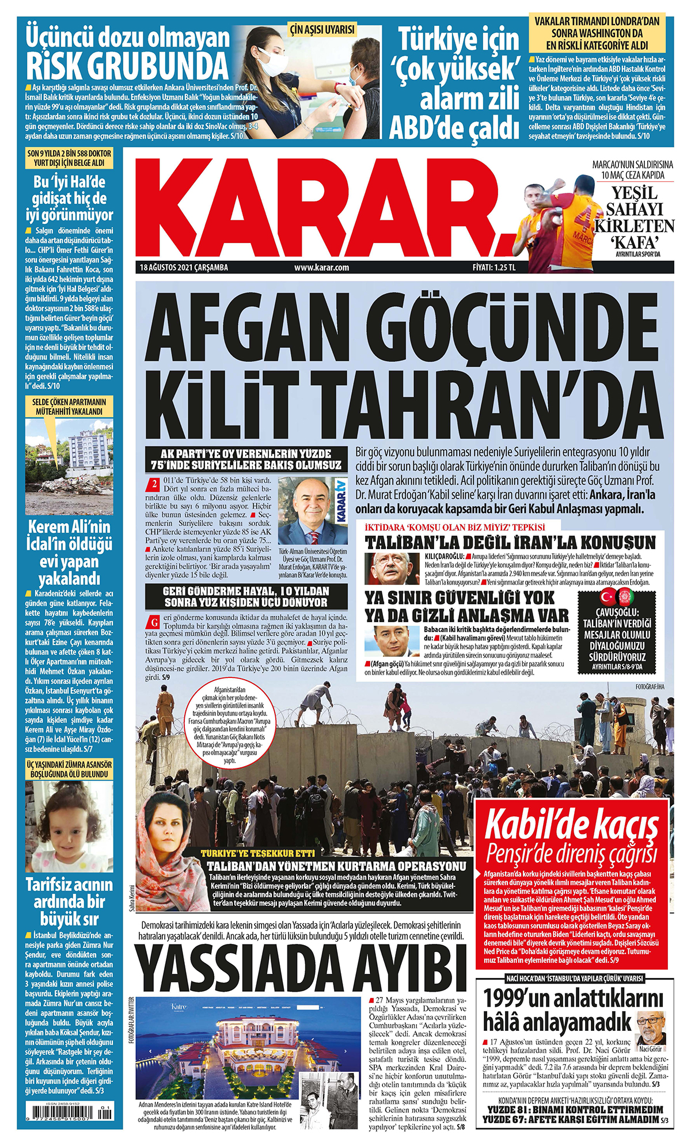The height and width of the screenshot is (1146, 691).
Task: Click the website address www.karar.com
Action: tap(321, 267)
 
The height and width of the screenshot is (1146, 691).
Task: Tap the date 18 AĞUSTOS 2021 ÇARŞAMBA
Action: tap(184, 267)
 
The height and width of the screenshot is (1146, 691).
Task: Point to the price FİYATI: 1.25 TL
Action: tap(493, 267)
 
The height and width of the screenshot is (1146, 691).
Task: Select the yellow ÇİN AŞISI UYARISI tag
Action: tap(322, 29)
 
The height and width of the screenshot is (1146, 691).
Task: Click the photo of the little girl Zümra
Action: tap(69, 826)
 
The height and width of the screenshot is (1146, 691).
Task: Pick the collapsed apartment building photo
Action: tap(69, 466)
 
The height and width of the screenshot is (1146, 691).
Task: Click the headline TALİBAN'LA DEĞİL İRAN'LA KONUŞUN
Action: tap(510, 543)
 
